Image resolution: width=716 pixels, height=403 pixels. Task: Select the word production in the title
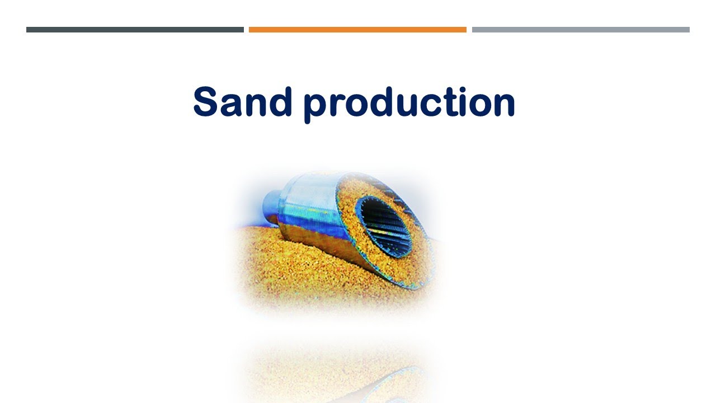click(x=409, y=104)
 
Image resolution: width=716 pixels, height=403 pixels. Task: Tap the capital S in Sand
click(x=205, y=102)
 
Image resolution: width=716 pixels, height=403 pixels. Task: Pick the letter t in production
click(x=441, y=102)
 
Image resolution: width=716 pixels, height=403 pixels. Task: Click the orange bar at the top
click(x=357, y=30)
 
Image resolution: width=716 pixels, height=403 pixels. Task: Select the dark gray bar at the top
click(x=135, y=30)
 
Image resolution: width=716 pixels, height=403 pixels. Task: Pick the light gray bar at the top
click(x=581, y=30)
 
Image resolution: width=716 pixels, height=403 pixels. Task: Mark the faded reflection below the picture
click(x=336, y=369)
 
